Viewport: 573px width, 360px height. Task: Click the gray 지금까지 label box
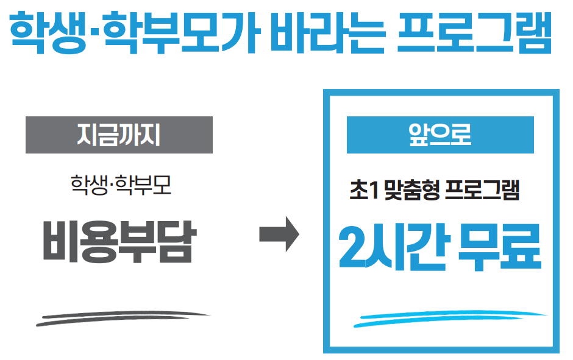point(119,135)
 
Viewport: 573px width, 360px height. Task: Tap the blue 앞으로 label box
point(440,135)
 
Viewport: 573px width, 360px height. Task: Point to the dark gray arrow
point(279,234)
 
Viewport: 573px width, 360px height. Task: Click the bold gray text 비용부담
point(118,241)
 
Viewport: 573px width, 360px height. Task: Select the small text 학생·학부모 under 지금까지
point(121,184)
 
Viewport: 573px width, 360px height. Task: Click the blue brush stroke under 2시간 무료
point(451,319)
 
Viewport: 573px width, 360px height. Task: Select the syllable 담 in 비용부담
point(174,241)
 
